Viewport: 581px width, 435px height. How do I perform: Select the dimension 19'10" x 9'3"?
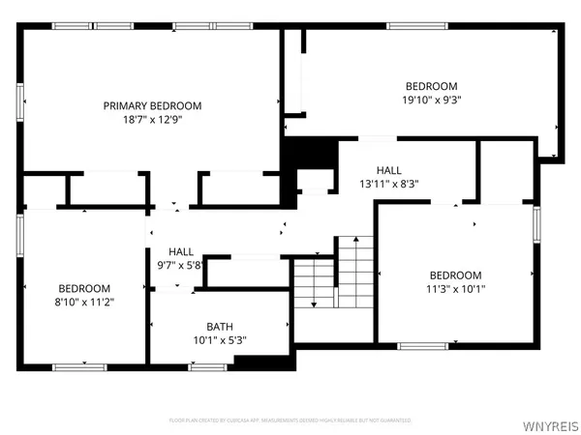(x=431, y=100)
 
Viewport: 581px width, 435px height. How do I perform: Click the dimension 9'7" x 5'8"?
(x=181, y=266)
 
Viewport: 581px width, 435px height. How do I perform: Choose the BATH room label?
(x=219, y=326)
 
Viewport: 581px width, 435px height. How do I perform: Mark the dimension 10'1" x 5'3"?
(x=219, y=340)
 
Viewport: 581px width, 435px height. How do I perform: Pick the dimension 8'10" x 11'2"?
(x=84, y=303)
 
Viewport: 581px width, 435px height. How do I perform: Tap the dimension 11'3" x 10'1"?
(x=455, y=288)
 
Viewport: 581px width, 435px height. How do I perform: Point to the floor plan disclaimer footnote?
(x=290, y=420)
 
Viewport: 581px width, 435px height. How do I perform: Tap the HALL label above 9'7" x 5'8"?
(x=181, y=251)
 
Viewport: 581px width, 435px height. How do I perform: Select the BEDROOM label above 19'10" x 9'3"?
(x=431, y=85)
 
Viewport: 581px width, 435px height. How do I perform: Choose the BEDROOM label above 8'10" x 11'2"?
(x=84, y=288)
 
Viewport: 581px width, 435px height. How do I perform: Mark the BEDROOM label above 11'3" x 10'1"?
(x=455, y=274)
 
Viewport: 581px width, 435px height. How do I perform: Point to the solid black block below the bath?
(x=261, y=362)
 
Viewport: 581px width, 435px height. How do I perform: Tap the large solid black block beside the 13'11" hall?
(x=310, y=154)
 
